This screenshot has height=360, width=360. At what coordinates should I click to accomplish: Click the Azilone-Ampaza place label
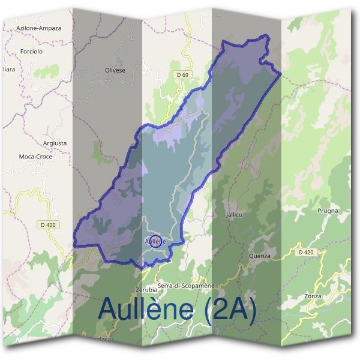tap(38, 28)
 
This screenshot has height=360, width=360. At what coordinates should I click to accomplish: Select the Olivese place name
tap(115, 70)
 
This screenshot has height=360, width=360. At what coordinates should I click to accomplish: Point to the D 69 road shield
tap(183, 74)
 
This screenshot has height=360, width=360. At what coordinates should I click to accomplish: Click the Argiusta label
tap(55, 143)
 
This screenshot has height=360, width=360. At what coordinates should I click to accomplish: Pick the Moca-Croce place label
tap(36, 157)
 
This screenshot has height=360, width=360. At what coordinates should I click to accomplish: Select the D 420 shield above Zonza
tap(305, 253)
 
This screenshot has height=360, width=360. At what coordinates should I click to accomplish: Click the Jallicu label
tap(234, 214)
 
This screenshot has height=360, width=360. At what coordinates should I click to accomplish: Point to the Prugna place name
tap(328, 211)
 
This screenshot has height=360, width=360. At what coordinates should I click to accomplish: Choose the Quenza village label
tap(259, 256)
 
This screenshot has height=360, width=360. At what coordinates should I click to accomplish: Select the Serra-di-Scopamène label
tap(185, 286)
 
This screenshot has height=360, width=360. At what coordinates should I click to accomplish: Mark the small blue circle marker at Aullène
tap(154, 241)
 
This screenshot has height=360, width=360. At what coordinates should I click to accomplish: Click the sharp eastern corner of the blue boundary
tap(281, 74)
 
